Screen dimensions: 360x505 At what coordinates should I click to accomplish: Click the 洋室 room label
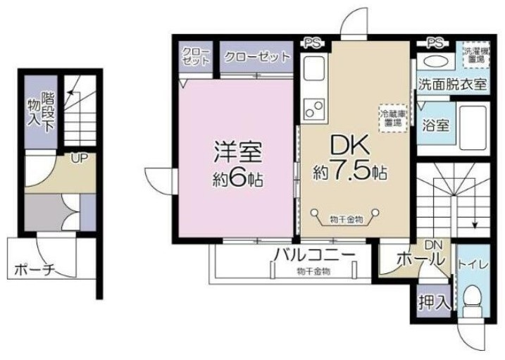(239, 152)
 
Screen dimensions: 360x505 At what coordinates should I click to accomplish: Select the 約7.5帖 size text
(351, 172)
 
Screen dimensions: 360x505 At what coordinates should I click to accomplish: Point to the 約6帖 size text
(239, 179)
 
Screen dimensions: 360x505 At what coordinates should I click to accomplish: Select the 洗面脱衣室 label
(451, 85)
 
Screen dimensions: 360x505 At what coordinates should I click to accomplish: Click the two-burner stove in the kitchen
(314, 109)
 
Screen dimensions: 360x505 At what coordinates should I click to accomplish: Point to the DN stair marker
(434, 244)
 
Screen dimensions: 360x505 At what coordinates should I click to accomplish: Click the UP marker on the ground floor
(78, 158)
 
